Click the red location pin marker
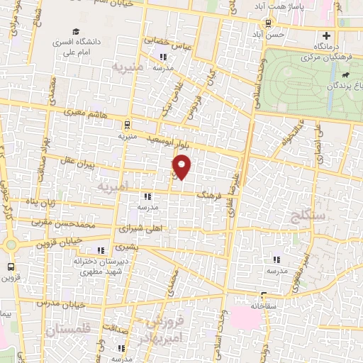183,167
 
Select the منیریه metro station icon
126,122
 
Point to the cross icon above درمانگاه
326,35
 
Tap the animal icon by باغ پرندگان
345,74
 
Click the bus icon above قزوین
10,267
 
